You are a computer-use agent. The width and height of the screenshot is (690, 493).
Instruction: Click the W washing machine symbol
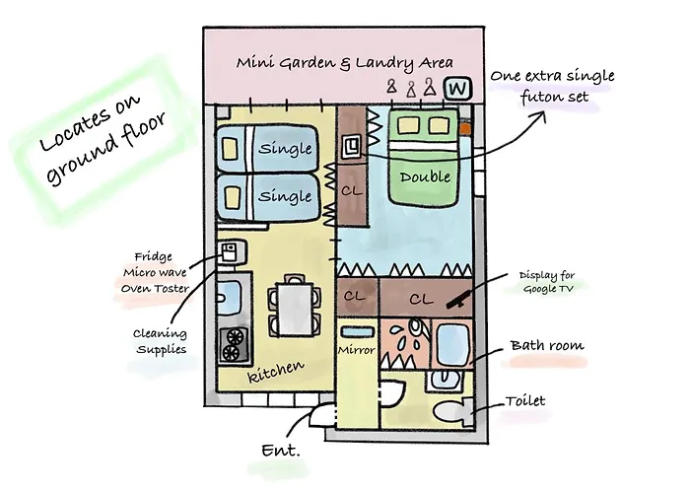455,89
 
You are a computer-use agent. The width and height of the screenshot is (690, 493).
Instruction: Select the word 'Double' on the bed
426,177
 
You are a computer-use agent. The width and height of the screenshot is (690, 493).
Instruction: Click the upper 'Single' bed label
284,149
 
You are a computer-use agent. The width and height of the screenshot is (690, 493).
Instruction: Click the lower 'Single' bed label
284,196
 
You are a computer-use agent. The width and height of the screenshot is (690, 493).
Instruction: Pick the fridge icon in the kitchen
229,252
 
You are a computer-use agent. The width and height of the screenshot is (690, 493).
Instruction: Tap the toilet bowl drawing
450,411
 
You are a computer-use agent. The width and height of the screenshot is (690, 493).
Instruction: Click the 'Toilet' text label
524,401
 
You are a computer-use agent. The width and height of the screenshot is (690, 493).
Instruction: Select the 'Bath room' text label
546,346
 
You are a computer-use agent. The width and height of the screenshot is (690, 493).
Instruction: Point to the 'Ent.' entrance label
280,451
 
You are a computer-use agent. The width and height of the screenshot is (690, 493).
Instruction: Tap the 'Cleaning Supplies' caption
160,341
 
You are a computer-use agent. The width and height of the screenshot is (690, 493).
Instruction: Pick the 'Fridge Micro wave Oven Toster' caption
157,271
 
